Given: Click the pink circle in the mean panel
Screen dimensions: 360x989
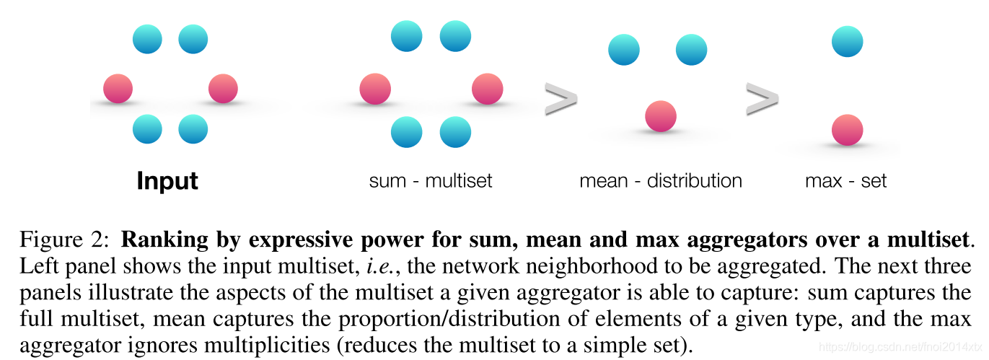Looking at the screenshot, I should [x=660, y=116].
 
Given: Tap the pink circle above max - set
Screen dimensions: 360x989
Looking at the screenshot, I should [x=847, y=130].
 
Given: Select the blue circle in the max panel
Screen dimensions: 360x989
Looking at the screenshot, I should [x=847, y=42].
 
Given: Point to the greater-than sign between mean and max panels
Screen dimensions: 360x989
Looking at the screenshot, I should [x=761, y=100].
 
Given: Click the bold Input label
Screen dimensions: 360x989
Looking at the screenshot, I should [x=167, y=180].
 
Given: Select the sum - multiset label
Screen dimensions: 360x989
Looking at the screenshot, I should [x=430, y=180].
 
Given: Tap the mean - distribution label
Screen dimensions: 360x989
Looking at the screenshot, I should [x=660, y=180].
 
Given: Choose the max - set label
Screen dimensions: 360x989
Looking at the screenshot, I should [x=845, y=180].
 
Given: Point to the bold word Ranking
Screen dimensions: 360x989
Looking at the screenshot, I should [x=156, y=239].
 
